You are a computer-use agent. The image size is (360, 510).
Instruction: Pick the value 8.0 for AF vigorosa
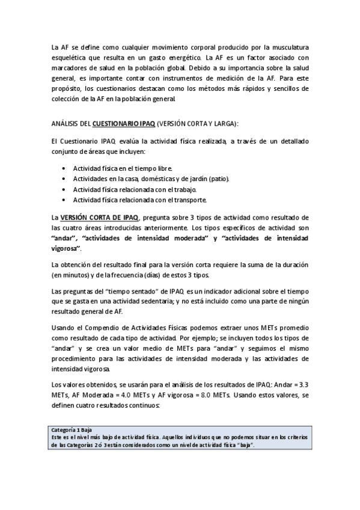coord(219,395)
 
